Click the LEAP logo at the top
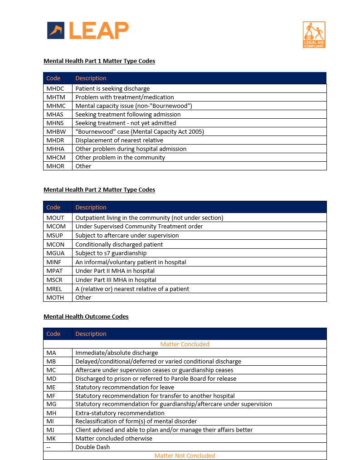pyautogui.click(x=88, y=30)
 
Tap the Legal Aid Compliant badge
pyautogui.click(x=314, y=34)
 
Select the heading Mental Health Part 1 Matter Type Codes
pyautogui.click(x=99, y=61)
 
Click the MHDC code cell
pyautogui.click(x=55, y=88)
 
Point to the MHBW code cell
pyautogui.click(x=56, y=131)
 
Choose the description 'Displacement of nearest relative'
pyautogui.click(x=119, y=140)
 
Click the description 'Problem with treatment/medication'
pyautogui.click(x=125, y=97)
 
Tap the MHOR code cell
pyautogui.click(x=55, y=166)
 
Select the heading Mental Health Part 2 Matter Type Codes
pyautogui.click(x=99, y=189)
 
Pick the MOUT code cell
pyautogui.click(x=55, y=218)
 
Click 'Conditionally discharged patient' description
pyautogui.click(x=119, y=244)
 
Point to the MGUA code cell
pyautogui.click(x=55, y=253)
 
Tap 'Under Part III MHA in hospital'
pyautogui.click(x=116, y=280)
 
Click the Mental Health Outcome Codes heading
pyautogui.click(x=86, y=316)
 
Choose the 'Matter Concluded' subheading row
pyautogui.click(x=185, y=344)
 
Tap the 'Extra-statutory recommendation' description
pyautogui.click(x=120, y=413)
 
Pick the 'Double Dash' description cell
pyautogui.click(x=92, y=447)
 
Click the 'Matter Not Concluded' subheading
pyautogui.click(x=185, y=455)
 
